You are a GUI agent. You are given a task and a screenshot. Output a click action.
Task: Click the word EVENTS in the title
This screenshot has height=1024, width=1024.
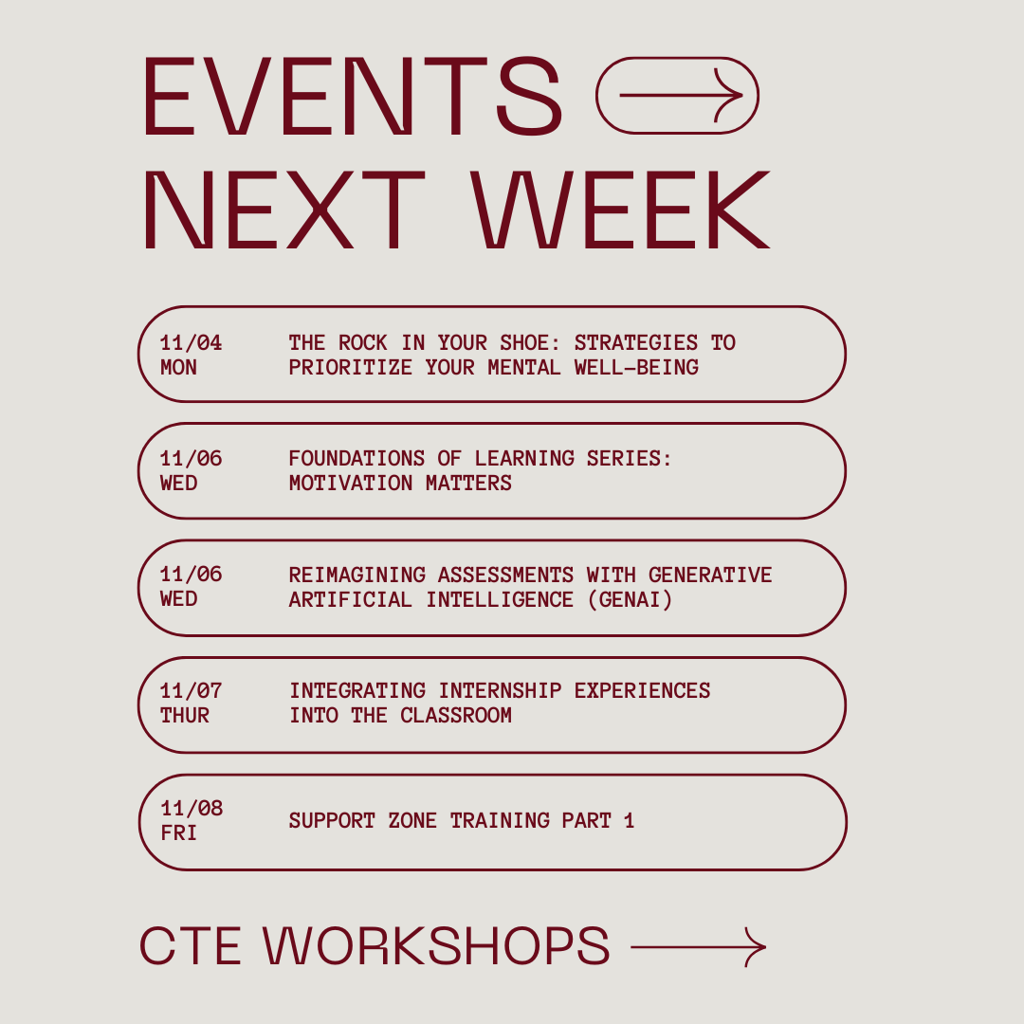coord(352,97)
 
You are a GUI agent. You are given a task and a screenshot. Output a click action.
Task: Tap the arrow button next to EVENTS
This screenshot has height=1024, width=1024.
coord(677,96)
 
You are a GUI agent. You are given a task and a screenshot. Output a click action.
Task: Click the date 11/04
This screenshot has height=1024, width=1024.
coord(192,342)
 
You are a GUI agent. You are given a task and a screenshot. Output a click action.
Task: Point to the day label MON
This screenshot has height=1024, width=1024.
coord(179,367)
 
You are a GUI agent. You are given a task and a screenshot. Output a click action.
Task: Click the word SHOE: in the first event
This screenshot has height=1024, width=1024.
coord(524,342)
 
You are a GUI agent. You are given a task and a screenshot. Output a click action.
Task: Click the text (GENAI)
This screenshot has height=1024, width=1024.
coord(636,599)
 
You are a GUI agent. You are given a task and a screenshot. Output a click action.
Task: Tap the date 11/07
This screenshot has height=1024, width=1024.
coord(192,690)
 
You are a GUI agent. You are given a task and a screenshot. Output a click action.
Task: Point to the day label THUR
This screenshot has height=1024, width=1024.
coord(185,715)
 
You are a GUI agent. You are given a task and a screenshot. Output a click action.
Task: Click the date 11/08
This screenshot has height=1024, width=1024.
coord(192,808)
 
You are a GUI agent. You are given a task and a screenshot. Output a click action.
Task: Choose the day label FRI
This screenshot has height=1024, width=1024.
coord(179,832)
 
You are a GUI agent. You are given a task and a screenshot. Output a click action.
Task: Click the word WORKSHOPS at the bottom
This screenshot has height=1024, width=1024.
coord(436,945)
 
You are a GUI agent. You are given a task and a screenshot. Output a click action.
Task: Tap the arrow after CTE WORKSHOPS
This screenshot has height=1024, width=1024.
coord(698,946)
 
